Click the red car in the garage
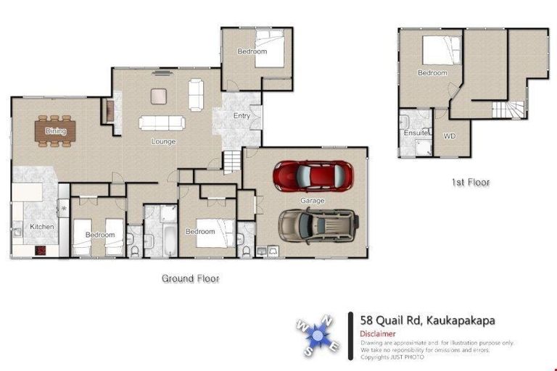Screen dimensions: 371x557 tap(313, 175)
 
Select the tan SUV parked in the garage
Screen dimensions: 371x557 tap(318, 225)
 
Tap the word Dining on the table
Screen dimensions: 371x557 tap(55, 131)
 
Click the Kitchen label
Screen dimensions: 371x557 tap(41, 227)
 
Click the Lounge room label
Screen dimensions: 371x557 tap(163, 141)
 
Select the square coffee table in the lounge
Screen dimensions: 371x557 tap(159, 96)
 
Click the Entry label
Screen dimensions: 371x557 tap(242, 116)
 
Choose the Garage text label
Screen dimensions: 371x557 tap(313, 201)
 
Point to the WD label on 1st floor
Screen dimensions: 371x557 tap(450, 136)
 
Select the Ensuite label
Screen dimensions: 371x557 tap(415, 133)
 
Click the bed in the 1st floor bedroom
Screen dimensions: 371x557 tap(442, 51)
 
